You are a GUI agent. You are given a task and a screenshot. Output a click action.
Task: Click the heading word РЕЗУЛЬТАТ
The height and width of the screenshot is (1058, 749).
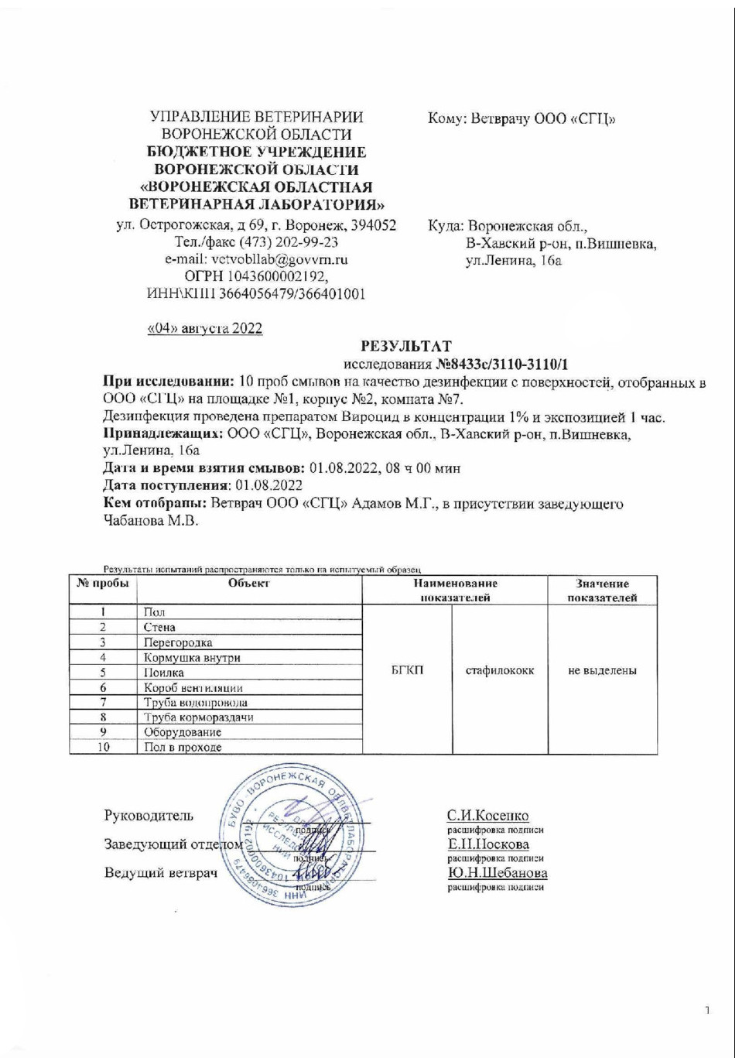[405, 346]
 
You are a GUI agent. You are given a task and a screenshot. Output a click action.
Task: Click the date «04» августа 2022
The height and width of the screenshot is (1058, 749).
[205, 328]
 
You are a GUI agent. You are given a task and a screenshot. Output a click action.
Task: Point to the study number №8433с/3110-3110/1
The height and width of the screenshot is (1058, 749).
[502, 364]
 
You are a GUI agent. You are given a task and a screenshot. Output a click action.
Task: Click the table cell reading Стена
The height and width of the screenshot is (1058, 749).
[159, 627]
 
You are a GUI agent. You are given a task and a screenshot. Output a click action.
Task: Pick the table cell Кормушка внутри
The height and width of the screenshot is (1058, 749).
[192, 657]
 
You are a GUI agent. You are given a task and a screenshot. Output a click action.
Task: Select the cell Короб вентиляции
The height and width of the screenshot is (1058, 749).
[193, 687]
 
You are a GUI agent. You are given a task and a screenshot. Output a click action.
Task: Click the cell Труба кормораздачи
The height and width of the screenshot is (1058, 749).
[198, 717]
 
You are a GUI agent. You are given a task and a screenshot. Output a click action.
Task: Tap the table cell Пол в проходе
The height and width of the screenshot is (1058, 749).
[183, 747]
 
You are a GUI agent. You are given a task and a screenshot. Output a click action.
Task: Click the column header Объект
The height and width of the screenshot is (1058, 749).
[248, 584]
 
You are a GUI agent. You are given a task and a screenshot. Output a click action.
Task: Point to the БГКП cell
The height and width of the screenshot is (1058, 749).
[407, 670]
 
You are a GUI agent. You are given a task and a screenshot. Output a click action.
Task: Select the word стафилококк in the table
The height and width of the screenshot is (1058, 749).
[499, 670]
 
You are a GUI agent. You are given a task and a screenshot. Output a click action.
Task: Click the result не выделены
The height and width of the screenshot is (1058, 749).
[602, 670]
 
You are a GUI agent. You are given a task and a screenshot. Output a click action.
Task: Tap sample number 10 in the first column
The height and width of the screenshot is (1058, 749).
[103, 747]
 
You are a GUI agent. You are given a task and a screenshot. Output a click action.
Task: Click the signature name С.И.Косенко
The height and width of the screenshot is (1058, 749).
[487, 815]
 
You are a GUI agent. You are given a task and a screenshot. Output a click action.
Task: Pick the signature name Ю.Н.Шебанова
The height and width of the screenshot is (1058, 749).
[497, 872]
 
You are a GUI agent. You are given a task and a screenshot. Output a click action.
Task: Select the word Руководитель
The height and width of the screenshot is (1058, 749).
[149, 815]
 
